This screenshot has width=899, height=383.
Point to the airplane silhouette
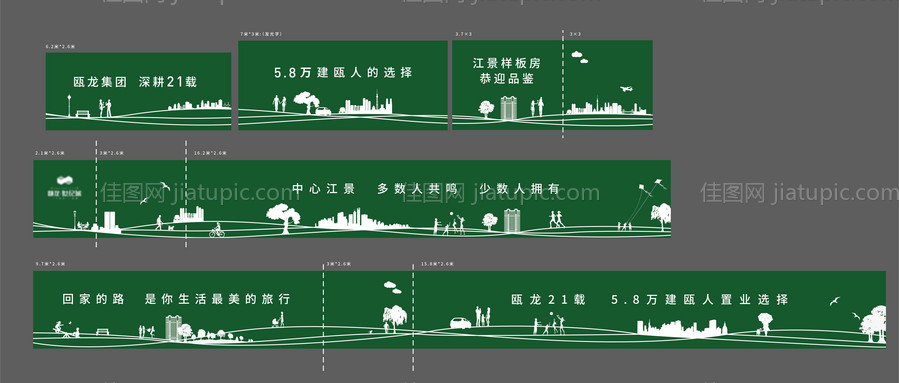[x=626, y=90]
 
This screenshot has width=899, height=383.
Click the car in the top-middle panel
[x=323, y=111]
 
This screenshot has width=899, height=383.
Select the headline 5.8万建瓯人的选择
[x=343, y=73]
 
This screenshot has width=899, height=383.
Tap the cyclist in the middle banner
[x=216, y=230]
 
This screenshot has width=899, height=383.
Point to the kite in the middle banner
[x=641, y=186]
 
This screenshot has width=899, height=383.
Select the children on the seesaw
[x=65, y=329]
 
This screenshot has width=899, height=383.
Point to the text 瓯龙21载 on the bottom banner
[x=546, y=299]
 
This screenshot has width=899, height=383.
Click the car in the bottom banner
[x=459, y=322]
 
